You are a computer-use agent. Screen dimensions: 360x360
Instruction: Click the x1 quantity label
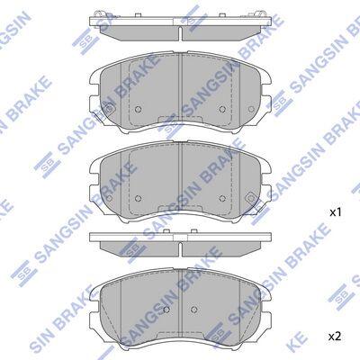(336, 213)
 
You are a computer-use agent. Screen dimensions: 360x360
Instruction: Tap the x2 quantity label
(336, 337)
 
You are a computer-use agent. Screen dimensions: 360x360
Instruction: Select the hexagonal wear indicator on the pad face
(249, 198)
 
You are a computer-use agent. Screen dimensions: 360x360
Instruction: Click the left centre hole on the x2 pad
(166, 310)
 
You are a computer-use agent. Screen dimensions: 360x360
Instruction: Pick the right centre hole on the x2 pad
(193, 310)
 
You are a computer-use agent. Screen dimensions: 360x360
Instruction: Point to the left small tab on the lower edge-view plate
(165, 231)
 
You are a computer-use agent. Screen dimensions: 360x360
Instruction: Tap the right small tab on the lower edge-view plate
(194, 231)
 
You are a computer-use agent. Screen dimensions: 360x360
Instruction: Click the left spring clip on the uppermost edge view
(99, 14)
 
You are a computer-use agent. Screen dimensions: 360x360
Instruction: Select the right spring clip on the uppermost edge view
(261, 14)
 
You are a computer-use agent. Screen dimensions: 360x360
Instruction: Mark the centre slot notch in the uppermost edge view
(180, 33)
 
